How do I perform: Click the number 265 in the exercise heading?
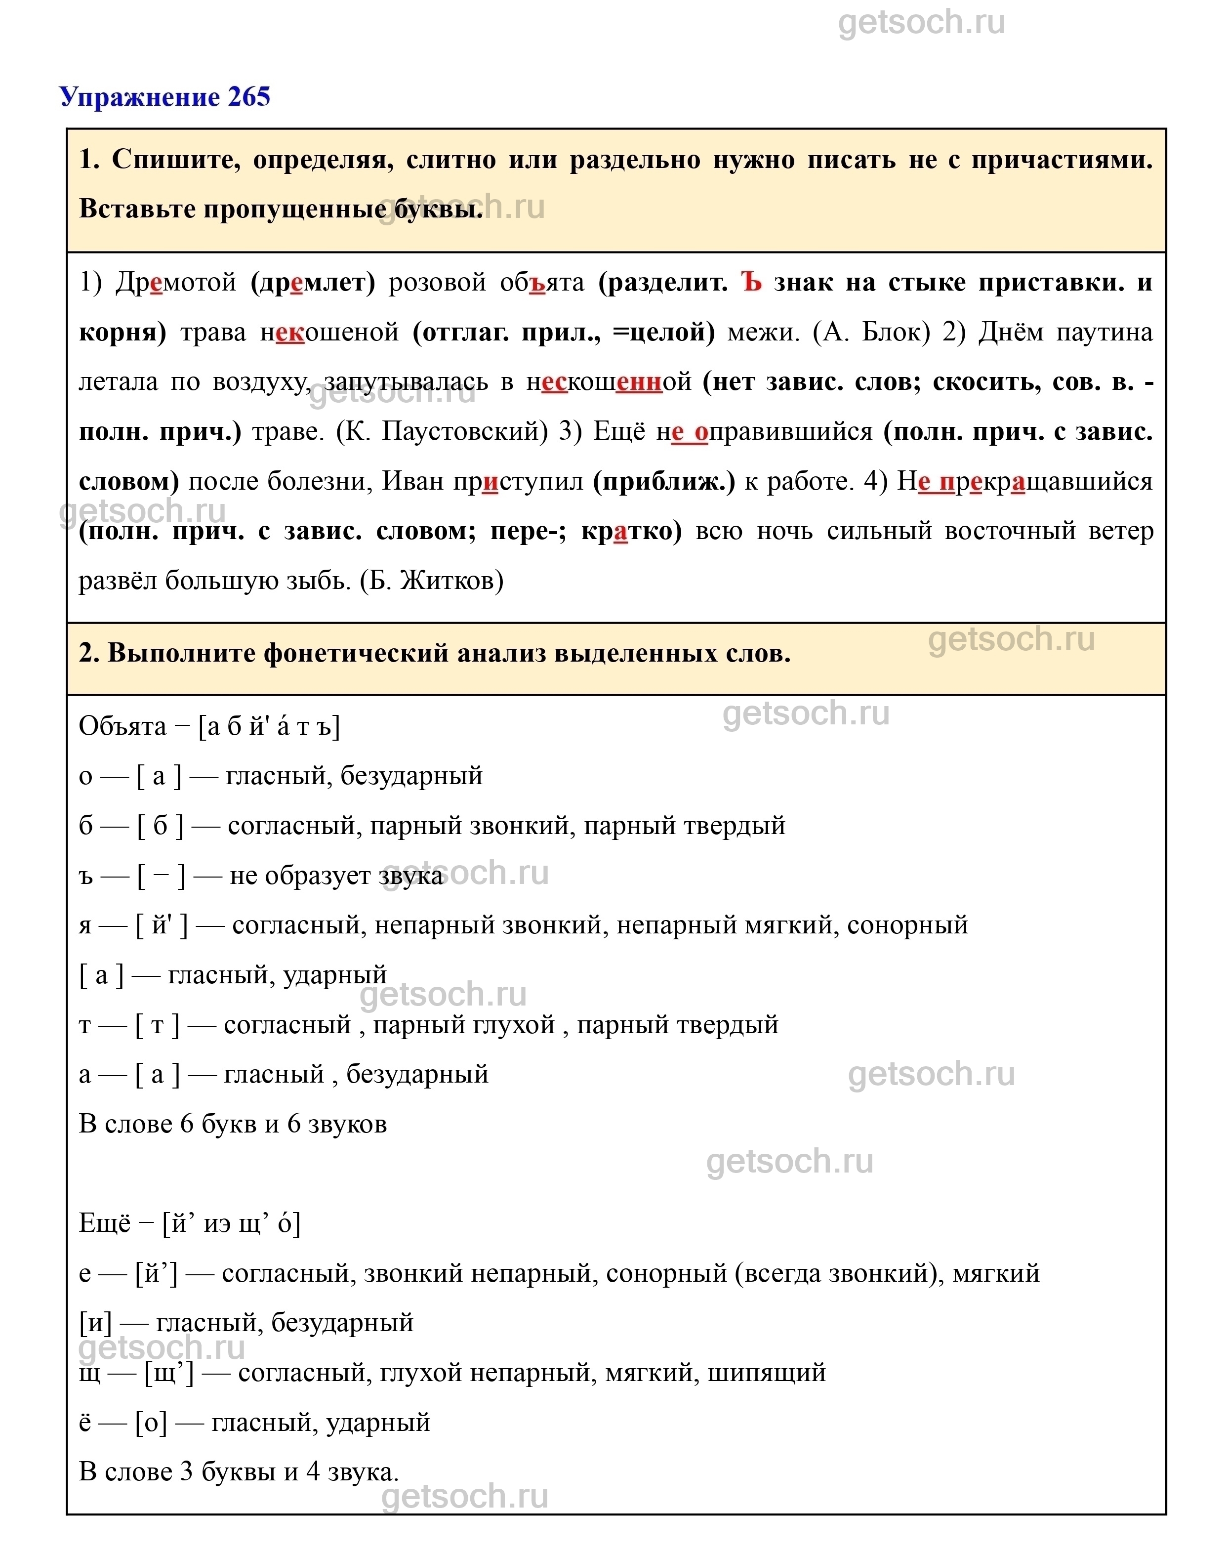coord(248,96)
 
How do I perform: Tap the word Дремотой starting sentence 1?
coord(176,282)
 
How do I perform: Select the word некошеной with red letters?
coord(329,332)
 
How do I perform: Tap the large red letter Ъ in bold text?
coord(751,282)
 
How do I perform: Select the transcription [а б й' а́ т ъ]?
coord(269,726)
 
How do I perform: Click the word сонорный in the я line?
coord(907,925)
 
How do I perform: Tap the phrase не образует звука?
coord(335,875)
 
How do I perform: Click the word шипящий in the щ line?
coord(767,1372)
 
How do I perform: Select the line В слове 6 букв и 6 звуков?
coord(233,1124)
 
